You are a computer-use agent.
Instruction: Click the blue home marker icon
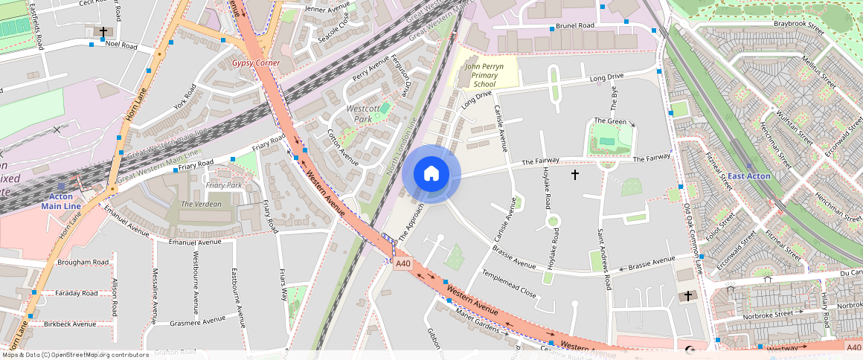click(x=431, y=174)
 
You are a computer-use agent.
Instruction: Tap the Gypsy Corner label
click(x=251, y=63)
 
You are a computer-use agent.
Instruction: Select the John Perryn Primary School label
click(x=484, y=75)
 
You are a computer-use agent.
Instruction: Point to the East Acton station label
click(x=748, y=176)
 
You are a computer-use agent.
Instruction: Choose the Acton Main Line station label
click(x=61, y=201)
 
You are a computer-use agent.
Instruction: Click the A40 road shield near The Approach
click(x=403, y=263)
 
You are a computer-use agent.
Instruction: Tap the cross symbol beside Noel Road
click(x=103, y=32)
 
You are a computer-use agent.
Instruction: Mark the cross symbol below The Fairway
click(x=574, y=175)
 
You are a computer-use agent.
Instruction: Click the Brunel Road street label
click(x=577, y=25)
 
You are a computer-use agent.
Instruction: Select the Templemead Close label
click(x=508, y=283)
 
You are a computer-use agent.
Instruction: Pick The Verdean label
click(x=201, y=204)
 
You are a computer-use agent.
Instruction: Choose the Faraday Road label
click(x=77, y=293)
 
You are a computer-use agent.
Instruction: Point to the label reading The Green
click(x=609, y=120)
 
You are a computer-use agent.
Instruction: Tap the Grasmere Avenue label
click(x=197, y=321)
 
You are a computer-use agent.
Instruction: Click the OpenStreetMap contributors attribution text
click(x=74, y=355)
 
